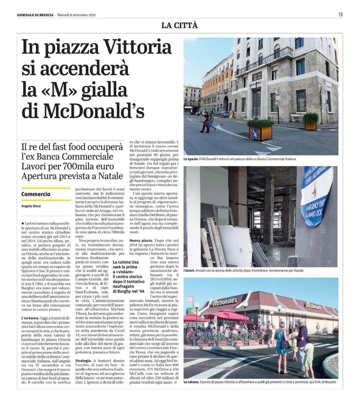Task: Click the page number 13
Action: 340,14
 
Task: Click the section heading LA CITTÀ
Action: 179,26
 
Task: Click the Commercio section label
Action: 36,194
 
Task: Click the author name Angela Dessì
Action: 31,206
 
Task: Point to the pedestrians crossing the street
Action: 207,122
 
